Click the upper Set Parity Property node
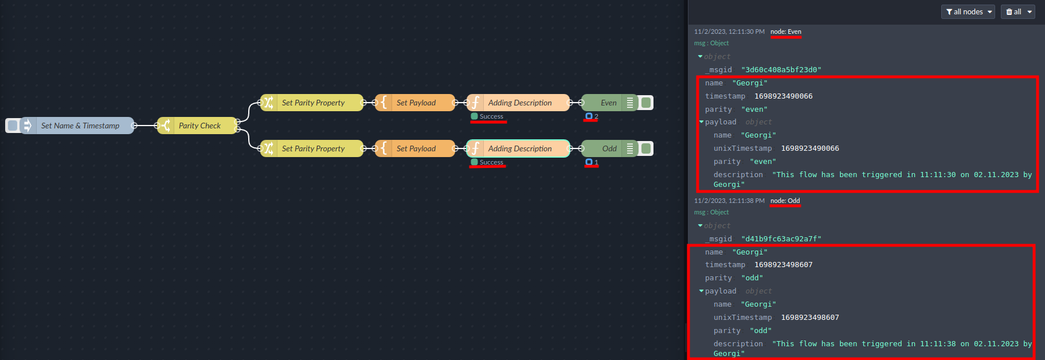(312, 103)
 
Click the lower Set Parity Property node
(312, 148)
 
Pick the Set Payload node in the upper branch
(416, 103)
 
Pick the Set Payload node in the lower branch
(416, 148)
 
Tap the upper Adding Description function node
(519, 103)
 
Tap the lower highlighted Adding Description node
(519, 148)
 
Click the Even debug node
(605, 103)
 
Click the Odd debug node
(605, 148)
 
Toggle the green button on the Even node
(646, 103)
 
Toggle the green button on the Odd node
(646, 148)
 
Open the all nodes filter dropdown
(968, 11)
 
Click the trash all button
(1017, 11)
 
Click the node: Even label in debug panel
(786, 32)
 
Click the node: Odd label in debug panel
(785, 201)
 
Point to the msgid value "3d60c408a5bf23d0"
(781, 70)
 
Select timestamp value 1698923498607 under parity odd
(783, 265)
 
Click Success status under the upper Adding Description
(491, 116)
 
